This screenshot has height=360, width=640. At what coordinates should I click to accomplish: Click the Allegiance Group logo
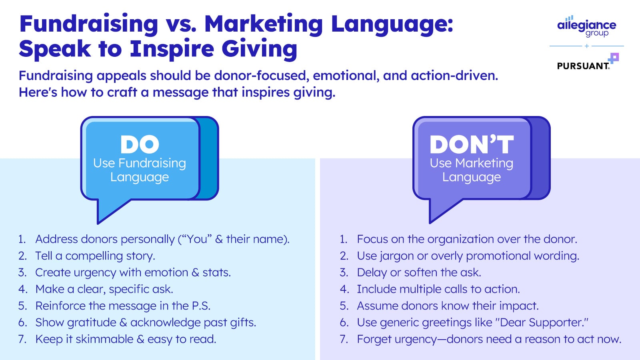586,26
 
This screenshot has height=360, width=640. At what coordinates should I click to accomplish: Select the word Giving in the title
260,49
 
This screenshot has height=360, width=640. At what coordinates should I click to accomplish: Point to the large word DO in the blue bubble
140,144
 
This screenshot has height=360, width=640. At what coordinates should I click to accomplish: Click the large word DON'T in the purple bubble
472,144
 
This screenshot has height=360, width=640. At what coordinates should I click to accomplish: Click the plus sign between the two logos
587,46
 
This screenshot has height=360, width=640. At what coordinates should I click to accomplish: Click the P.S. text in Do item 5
201,306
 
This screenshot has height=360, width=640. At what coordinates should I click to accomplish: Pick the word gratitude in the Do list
92,323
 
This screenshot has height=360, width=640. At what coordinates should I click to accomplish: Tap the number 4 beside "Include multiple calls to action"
344,289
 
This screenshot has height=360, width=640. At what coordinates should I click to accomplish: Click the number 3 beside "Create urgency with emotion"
22,272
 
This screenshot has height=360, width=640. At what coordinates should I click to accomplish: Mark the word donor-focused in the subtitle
262,76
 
